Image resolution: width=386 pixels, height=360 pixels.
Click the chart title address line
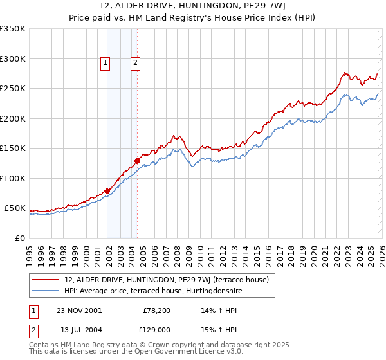click(192, 6)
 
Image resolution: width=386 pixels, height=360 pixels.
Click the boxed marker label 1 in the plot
click(105, 63)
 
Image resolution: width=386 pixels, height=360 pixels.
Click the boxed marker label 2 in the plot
click(136, 63)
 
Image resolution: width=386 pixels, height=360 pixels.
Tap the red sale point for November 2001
click(107, 191)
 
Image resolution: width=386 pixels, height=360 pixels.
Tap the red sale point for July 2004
click(137, 161)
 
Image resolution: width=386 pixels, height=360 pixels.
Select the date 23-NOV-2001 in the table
click(79, 310)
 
